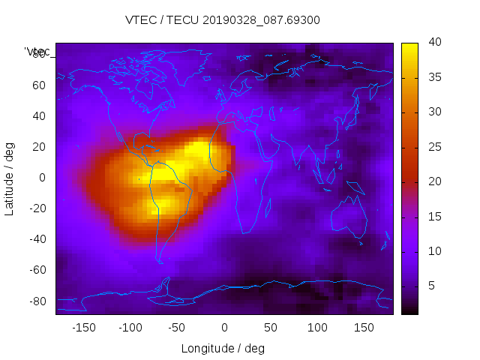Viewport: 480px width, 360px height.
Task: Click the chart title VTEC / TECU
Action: click(222, 20)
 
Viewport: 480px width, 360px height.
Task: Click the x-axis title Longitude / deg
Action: click(223, 349)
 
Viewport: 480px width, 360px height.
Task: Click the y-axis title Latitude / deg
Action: click(10, 178)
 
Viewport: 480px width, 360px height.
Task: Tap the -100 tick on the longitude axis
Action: click(130, 327)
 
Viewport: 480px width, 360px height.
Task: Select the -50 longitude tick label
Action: click(177, 327)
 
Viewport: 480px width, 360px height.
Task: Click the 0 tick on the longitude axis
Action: click(224, 327)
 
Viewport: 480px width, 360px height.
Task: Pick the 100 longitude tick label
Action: click(318, 327)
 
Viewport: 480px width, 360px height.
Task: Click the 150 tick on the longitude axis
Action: click(364, 327)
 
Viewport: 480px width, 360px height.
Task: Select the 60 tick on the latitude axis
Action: click(39, 85)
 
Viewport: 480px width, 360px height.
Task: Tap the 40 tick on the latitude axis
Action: click(39, 116)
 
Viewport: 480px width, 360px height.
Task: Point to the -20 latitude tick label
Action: click(37, 208)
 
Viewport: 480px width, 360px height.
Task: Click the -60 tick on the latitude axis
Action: click(37, 270)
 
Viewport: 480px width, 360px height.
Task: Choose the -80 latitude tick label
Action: click(37, 301)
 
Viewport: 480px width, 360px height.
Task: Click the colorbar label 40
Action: click(433, 43)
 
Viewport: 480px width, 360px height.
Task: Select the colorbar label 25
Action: click(433, 147)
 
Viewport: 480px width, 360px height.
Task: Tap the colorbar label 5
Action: click(431, 286)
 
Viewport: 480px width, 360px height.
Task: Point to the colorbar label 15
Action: click(433, 217)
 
